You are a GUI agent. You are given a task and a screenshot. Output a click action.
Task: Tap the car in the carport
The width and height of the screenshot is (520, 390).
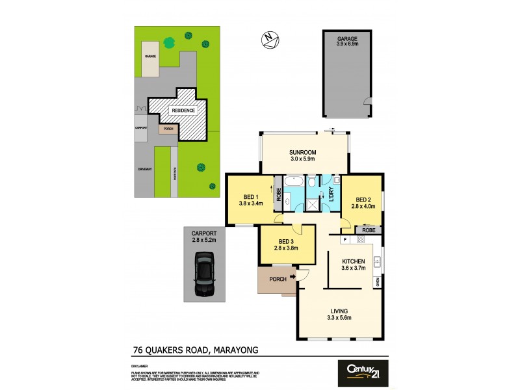[x=203, y=273]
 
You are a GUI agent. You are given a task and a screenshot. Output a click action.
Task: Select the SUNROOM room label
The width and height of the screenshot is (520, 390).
[x=302, y=154]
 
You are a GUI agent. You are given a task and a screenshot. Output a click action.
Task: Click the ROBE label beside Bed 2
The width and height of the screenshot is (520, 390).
[x=369, y=230]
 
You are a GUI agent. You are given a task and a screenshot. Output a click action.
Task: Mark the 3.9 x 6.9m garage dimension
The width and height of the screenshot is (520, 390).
[x=347, y=45]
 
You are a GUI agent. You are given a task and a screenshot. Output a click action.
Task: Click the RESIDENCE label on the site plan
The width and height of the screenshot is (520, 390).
[x=183, y=111]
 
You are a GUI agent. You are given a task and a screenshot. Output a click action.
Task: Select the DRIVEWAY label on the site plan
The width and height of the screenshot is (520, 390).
[x=145, y=169]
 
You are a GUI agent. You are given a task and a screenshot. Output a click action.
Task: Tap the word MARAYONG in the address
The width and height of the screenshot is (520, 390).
[x=235, y=350]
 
